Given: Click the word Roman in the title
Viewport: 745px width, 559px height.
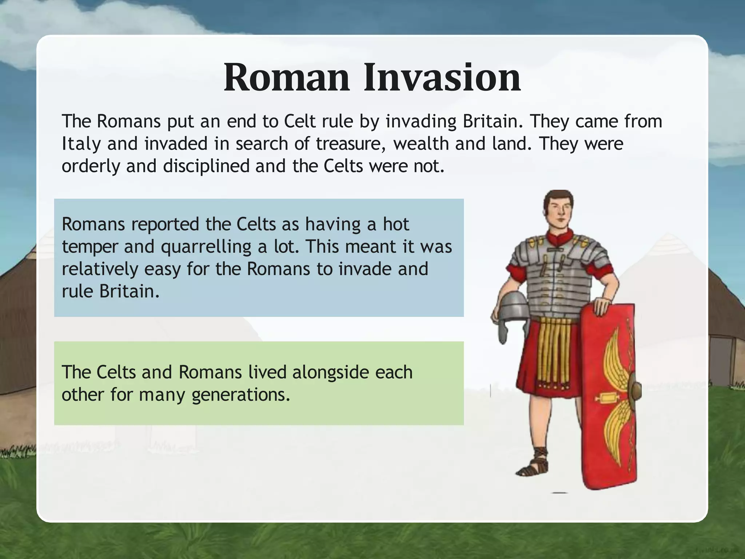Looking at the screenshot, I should click(x=286, y=78).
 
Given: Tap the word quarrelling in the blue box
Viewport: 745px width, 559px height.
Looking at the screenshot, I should click(x=206, y=247).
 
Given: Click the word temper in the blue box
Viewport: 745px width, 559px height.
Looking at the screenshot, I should click(x=90, y=247).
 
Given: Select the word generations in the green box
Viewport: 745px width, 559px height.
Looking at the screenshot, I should click(x=241, y=395).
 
